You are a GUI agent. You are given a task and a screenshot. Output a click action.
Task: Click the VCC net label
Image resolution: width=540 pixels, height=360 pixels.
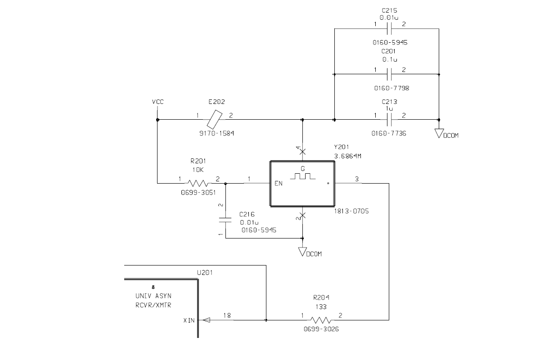157,102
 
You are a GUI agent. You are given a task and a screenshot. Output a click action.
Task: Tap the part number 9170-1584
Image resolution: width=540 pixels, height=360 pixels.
216,134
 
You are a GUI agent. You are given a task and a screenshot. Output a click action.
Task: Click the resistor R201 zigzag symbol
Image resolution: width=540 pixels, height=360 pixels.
198,183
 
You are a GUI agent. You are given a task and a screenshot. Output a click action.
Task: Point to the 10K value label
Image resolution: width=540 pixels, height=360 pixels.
198,170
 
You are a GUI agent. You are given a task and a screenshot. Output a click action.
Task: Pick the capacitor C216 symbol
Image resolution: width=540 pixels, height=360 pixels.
225,220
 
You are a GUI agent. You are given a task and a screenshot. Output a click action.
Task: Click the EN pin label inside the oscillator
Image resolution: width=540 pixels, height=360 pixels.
279,184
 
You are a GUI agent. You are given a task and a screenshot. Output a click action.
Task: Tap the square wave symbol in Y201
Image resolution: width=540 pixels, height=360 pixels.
302,176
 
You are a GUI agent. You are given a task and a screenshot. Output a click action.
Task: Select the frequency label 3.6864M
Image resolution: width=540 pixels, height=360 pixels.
349,156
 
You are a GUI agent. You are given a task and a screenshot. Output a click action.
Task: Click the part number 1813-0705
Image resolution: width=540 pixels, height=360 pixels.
351,211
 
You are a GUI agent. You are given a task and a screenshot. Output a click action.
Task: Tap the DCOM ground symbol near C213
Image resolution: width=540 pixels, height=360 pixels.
440,133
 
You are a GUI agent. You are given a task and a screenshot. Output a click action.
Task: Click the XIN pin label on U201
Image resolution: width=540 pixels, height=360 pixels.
189,320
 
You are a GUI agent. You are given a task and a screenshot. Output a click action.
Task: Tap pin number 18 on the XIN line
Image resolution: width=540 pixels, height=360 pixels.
227,316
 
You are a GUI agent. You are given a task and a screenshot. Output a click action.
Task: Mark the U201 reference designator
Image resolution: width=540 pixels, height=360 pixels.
205,273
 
